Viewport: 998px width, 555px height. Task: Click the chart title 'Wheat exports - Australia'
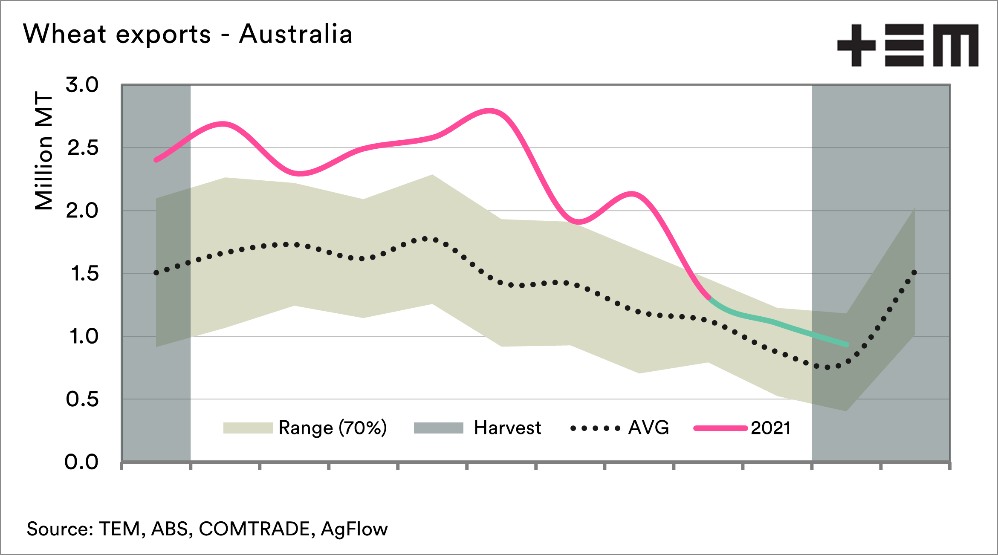pos(188,34)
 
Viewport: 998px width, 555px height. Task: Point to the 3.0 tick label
pos(82,85)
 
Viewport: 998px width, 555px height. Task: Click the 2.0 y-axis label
pos(82,211)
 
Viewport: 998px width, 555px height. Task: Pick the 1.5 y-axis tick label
pos(84,274)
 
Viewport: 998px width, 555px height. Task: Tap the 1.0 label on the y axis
pos(84,337)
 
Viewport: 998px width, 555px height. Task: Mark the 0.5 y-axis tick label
pos(82,399)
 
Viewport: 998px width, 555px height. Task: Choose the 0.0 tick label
pos(81,462)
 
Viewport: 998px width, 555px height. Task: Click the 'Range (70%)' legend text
pos(333,428)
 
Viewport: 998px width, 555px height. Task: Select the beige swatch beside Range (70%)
pos(248,428)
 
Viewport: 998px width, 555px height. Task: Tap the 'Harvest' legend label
pos(507,428)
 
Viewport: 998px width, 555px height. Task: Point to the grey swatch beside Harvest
pos(438,428)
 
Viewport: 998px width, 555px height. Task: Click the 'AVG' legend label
pos(648,428)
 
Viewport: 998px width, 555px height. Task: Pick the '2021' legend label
pos(771,428)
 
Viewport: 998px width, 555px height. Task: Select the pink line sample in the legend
pos(720,428)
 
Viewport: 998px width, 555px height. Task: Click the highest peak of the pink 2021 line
pos(490,111)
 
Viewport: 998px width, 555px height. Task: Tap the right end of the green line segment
pos(847,344)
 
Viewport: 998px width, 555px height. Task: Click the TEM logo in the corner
pos(908,45)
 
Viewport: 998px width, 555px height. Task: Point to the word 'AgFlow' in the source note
pos(354,529)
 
